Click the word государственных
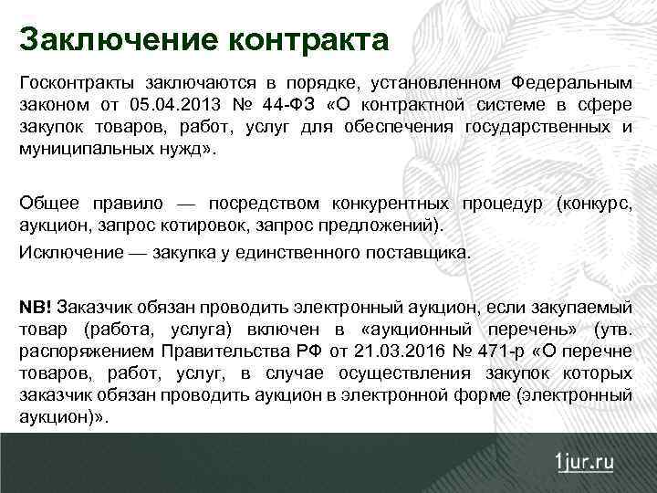[x=537, y=126]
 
